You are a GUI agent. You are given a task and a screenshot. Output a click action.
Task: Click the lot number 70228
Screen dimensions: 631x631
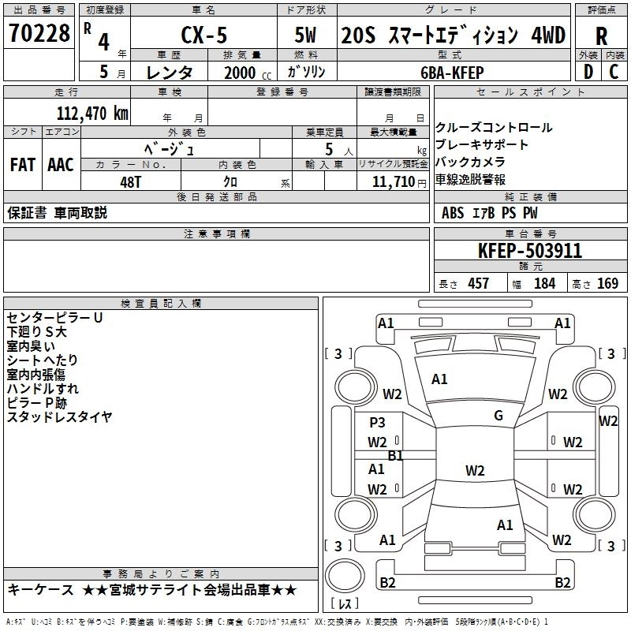pos(39,32)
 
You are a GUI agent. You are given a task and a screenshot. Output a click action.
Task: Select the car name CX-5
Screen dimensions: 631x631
pos(204,35)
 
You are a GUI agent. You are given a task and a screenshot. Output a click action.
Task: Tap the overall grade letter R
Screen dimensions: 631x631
pos(601,36)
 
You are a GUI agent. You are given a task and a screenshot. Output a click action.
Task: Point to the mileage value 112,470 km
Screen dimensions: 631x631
pos(92,113)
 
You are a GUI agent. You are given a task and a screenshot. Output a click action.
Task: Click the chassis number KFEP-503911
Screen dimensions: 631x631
pos(530,251)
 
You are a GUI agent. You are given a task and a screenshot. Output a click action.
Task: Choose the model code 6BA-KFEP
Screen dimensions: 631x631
pos(452,73)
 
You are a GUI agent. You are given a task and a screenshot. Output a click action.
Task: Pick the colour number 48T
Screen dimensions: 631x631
pos(130,182)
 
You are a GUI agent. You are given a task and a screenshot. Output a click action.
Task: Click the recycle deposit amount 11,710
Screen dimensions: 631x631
pos(394,181)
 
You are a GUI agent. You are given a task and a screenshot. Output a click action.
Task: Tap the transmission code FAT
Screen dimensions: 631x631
pos(23,165)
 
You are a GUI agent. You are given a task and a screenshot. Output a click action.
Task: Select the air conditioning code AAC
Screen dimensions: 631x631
pos(61,165)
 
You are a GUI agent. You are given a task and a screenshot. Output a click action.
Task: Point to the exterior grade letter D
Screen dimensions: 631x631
pos(588,72)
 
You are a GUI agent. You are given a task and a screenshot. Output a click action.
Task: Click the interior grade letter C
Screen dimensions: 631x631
pos(614,72)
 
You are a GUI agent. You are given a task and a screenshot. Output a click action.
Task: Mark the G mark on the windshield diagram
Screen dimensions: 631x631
pos(498,415)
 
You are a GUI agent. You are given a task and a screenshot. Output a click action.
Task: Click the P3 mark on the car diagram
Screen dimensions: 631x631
pos(377,422)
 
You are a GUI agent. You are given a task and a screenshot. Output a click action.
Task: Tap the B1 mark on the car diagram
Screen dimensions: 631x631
pos(395,455)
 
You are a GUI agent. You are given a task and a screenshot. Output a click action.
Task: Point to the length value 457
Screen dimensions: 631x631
pos(478,283)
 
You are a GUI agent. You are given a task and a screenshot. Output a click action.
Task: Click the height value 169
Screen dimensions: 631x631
pos(607,283)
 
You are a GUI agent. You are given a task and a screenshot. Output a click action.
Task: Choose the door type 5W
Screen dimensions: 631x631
pos(305,35)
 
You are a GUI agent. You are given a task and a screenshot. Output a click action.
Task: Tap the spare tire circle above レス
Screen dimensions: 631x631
pos(345,577)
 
